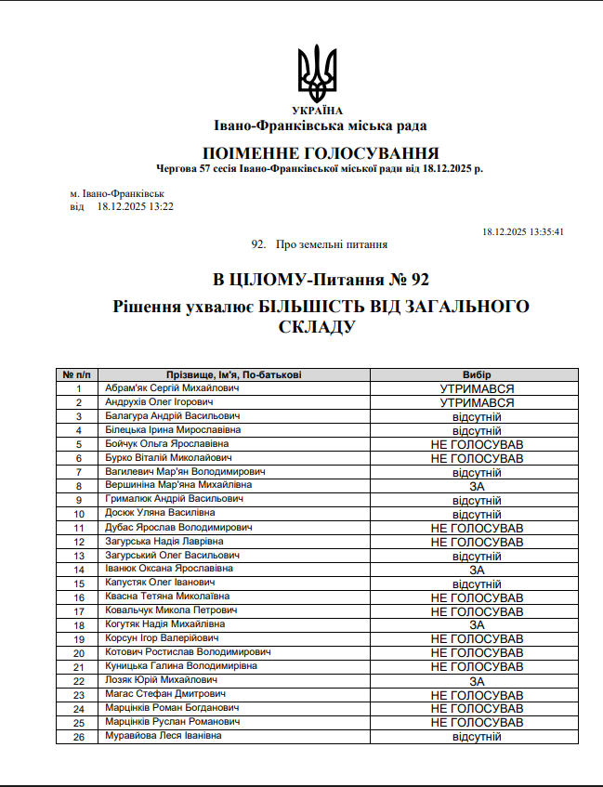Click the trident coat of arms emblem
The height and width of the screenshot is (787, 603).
pyautogui.click(x=317, y=73)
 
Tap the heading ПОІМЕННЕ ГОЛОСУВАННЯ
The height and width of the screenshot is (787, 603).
pyautogui.click(x=320, y=153)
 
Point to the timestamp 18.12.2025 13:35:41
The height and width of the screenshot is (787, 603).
pyautogui.click(x=523, y=232)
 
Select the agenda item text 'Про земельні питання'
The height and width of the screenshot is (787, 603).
pyautogui.click(x=332, y=244)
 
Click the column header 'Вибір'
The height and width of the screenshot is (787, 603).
pyautogui.click(x=477, y=374)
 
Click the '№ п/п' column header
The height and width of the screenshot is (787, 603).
pyautogui.click(x=79, y=374)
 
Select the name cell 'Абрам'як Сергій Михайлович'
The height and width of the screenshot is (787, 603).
pyautogui.click(x=173, y=388)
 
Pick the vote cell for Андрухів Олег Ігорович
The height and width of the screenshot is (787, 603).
pyautogui.click(x=477, y=402)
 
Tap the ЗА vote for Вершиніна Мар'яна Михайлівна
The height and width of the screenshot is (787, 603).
pyautogui.click(x=477, y=486)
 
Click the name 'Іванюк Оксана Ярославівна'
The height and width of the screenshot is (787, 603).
pyautogui.click(x=169, y=569)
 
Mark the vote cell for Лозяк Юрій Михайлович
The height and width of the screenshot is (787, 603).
pyautogui.click(x=477, y=680)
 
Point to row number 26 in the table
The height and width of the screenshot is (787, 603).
pyautogui.click(x=79, y=736)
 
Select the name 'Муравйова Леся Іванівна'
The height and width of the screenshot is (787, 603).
pyautogui.click(x=164, y=736)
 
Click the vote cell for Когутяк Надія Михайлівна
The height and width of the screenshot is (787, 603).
pyautogui.click(x=477, y=624)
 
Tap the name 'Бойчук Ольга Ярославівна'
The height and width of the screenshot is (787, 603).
pyautogui.click(x=167, y=444)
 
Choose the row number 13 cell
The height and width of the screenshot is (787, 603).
pyautogui.click(x=79, y=556)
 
